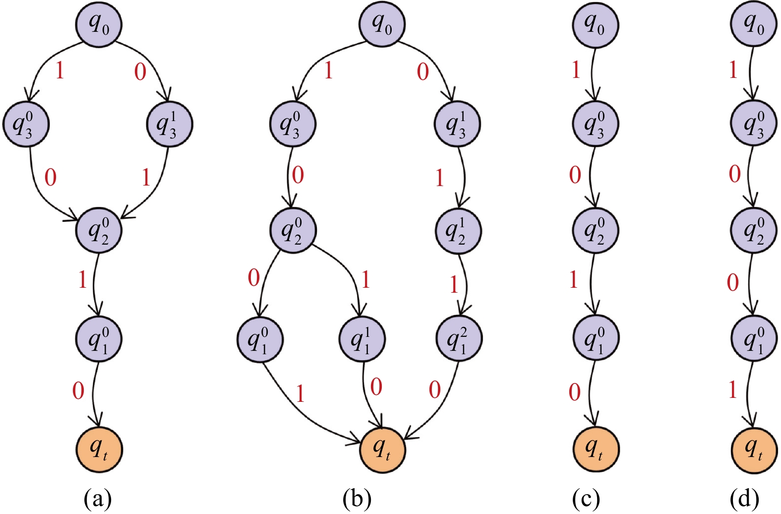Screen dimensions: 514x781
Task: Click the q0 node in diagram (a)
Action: (x=99, y=24)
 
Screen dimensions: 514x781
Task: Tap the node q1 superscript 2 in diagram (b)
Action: (x=458, y=339)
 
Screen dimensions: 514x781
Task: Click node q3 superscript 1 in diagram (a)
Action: (x=169, y=124)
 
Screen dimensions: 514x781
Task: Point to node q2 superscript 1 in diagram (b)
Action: (x=458, y=231)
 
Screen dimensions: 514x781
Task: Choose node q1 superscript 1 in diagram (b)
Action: (x=362, y=339)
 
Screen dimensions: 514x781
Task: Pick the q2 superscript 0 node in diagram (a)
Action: (x=99, y=230)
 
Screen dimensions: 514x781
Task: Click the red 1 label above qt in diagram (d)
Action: (x=732, y=390)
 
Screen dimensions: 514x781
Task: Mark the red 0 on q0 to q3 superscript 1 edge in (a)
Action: (x=140, y=72)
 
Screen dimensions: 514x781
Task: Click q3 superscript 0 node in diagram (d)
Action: (x=753, y=124)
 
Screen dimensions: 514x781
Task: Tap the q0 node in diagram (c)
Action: (x=595, y=24)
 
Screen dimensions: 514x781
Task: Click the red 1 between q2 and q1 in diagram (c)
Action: (x=574, y=280)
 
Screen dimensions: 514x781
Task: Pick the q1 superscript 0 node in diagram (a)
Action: (x=99, y=339)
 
